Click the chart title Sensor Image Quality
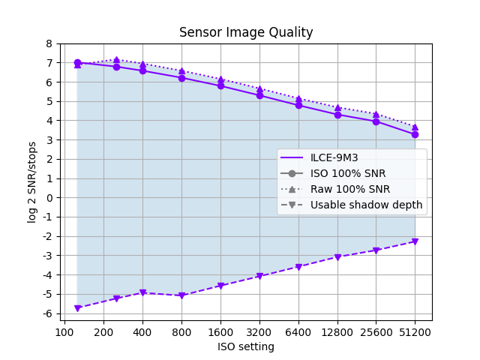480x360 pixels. [246, 32]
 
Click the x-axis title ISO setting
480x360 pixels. [246, 346]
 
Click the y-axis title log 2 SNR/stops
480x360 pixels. [32, 182]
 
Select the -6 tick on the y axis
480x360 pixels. [46, 313]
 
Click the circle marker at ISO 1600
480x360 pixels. [220, 85]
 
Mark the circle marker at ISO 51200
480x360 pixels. [415, 134]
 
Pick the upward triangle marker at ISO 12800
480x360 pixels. [337, 108]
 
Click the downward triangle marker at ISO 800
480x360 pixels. [181, 295]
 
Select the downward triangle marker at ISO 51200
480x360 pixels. [415, 241]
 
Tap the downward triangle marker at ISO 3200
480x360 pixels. [259, 276]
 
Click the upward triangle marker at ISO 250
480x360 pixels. [116, 60]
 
